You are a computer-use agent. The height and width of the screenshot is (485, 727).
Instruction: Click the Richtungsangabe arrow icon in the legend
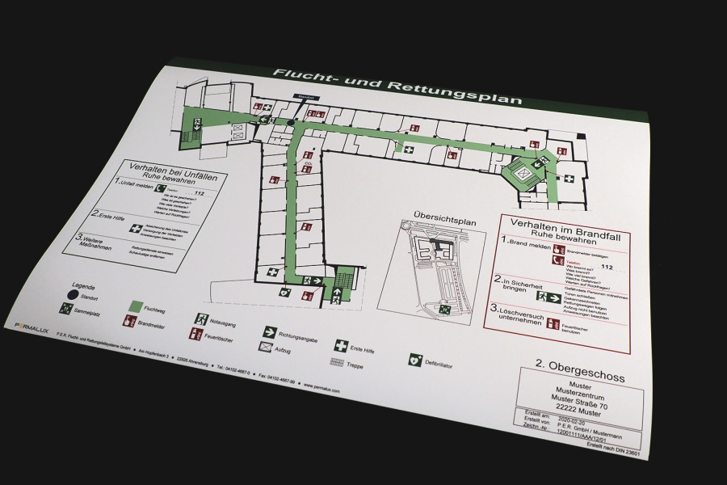click(x=269, y=331)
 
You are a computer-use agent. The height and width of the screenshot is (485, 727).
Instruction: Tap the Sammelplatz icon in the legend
click(x=64, y=308)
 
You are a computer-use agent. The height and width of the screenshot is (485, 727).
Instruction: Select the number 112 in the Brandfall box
click(x=607, y=268)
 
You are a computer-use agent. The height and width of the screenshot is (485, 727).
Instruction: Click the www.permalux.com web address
click(x=322, y=389)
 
